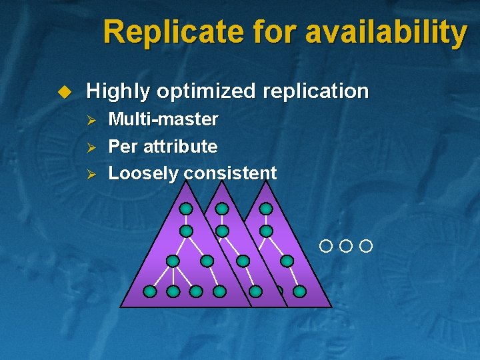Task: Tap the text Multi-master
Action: (163, 119)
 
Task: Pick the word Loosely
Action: (143, 173)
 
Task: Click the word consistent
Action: (230, 173)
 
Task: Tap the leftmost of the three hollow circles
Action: (325, 247)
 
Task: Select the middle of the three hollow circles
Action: (345, 247)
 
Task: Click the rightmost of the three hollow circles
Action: (365, 247)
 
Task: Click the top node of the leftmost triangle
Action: (187, 209)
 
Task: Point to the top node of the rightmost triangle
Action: (266, 209)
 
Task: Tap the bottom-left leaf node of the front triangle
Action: (151, 291)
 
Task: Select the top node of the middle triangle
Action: (222, 209)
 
